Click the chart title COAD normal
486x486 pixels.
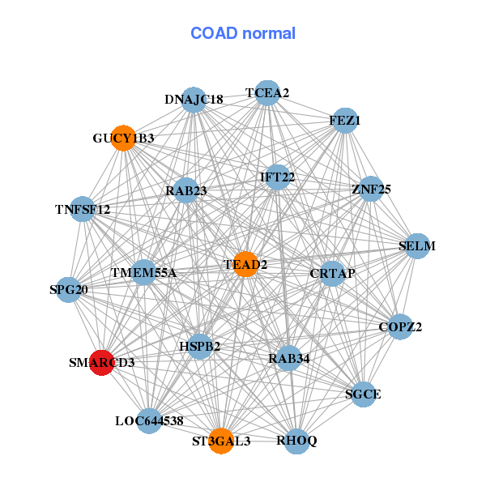point(243,33)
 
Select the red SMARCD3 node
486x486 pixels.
point(101,363)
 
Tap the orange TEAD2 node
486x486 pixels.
point(245,265)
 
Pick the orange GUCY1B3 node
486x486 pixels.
point(123,139)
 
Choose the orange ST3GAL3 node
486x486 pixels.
point(221,441)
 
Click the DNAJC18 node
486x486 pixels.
point(194,100)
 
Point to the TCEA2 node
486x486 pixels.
point(267,93)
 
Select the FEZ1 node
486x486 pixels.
point(345,121)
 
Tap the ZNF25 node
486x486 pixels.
point(371,190)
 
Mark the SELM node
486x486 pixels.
point(417,245)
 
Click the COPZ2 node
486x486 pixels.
point(400,327)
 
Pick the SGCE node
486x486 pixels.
point(363,394)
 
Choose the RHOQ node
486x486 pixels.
point(297,441)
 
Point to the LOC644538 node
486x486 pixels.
point(149,420)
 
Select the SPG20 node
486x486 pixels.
point(69,289)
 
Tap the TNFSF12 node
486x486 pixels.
point(83,210)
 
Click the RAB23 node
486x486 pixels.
point(186,191)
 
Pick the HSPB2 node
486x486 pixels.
point(200,347)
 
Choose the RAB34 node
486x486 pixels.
point(289,357)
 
